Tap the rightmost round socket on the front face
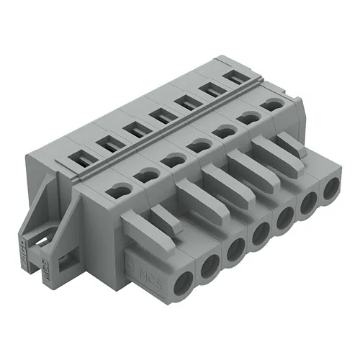[331, 191]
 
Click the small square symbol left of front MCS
[130, 256]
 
